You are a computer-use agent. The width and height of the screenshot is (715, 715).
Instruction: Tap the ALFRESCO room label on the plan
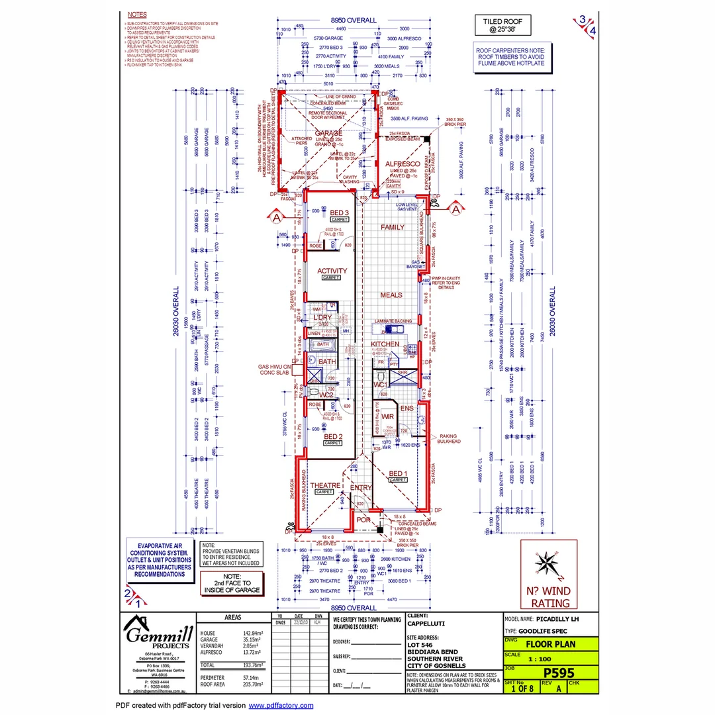click(403, 163)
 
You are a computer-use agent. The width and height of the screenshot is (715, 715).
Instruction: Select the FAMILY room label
click(392, 227)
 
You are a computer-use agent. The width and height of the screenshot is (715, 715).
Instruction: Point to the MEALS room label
click(391, 295)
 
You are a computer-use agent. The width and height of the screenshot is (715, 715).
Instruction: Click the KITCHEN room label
click(385, 345)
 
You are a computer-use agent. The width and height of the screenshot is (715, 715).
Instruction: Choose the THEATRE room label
click(325, 485)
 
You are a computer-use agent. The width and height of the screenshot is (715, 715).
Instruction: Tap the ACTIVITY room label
click(332, 271)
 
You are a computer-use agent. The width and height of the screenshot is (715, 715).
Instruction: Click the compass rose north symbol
click(548, 565)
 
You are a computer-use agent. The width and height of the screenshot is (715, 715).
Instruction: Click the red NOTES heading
click(137, 14)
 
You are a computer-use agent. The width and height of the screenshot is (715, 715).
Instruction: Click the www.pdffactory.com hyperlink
click(281, 706)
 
